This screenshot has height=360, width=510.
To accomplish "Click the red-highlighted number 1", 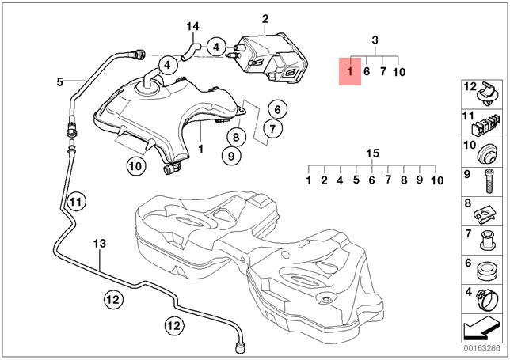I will coord(348,72).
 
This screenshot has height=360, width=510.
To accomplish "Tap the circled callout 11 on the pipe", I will coord(75,202).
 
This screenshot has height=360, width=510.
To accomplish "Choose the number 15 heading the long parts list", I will coord(372,153).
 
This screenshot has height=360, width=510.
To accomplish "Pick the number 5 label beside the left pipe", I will coord(59,81).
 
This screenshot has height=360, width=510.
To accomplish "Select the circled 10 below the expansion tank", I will coord(135,166).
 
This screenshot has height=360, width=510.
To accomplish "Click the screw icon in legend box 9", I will coord(489,180).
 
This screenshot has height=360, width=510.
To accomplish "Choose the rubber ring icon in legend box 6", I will coord(486,268).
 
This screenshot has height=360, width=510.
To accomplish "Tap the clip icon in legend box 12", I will coord(488,94).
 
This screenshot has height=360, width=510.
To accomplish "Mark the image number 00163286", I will coord(481,348).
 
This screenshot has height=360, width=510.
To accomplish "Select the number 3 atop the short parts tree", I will coord(375,40).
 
